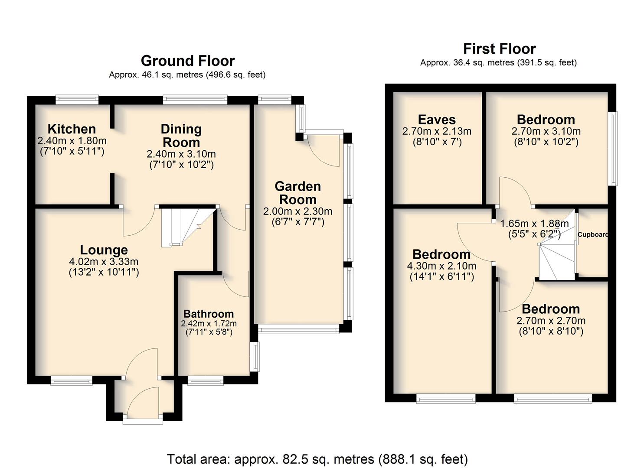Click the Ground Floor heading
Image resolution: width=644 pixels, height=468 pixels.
[x=188, y=61]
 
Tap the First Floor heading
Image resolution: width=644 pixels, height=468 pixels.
[x=500, y=49]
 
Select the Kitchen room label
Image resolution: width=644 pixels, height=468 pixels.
[x=72, y=129]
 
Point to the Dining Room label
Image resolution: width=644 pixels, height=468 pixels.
[x=181, y=136]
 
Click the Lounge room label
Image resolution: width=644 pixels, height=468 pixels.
[x=104, y=250]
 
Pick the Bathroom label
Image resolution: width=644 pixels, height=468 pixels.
[x=209, y=314]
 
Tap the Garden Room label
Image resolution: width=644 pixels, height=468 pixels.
[x=298, y=193]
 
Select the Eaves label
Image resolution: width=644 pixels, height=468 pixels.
[x=437, y=120]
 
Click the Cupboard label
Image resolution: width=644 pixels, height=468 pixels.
[x=593, y=234]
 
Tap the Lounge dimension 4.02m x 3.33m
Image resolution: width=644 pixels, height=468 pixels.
[x=104, y=262]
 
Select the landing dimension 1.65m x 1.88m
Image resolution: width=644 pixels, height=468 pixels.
[x=534, y=224]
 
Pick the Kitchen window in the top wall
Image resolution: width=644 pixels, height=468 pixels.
[x=77, y=100]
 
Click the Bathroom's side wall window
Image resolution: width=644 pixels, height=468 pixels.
[x=255, y=357]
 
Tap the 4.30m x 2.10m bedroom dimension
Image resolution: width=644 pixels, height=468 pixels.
[x=441, y=266]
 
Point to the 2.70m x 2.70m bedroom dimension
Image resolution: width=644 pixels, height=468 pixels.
[x=551, y=320]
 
